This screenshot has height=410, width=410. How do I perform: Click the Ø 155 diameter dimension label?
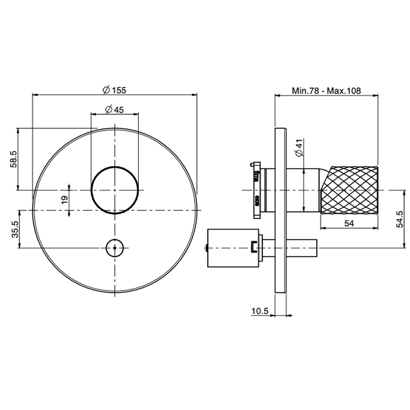114,90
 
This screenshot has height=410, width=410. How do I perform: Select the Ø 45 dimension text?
114,110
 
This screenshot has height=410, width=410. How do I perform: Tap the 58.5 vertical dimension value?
13,159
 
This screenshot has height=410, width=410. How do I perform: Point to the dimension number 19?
64,200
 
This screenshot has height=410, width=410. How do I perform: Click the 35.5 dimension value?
15,229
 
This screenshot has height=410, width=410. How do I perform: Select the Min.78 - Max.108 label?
326,90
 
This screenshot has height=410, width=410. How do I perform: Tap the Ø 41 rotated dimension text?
299,148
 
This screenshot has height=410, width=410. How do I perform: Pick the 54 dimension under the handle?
349,223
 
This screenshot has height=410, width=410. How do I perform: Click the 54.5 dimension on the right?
400,219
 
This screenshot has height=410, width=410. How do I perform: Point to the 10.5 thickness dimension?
260,311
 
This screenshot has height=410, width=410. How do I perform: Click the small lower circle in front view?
115,248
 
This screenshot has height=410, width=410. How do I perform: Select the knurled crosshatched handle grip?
350,190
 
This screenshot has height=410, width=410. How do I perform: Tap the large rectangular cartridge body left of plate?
233,248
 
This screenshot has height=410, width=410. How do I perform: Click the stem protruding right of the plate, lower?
302,247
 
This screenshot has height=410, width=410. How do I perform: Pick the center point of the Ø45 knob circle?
115,190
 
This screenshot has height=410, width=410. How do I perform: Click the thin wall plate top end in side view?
281,128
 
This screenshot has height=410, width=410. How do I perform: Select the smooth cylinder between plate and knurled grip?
303,190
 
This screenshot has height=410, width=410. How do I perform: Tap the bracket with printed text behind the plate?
257,190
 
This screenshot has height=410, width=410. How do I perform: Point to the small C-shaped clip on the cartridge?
254,247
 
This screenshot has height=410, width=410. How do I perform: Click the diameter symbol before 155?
106,90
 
